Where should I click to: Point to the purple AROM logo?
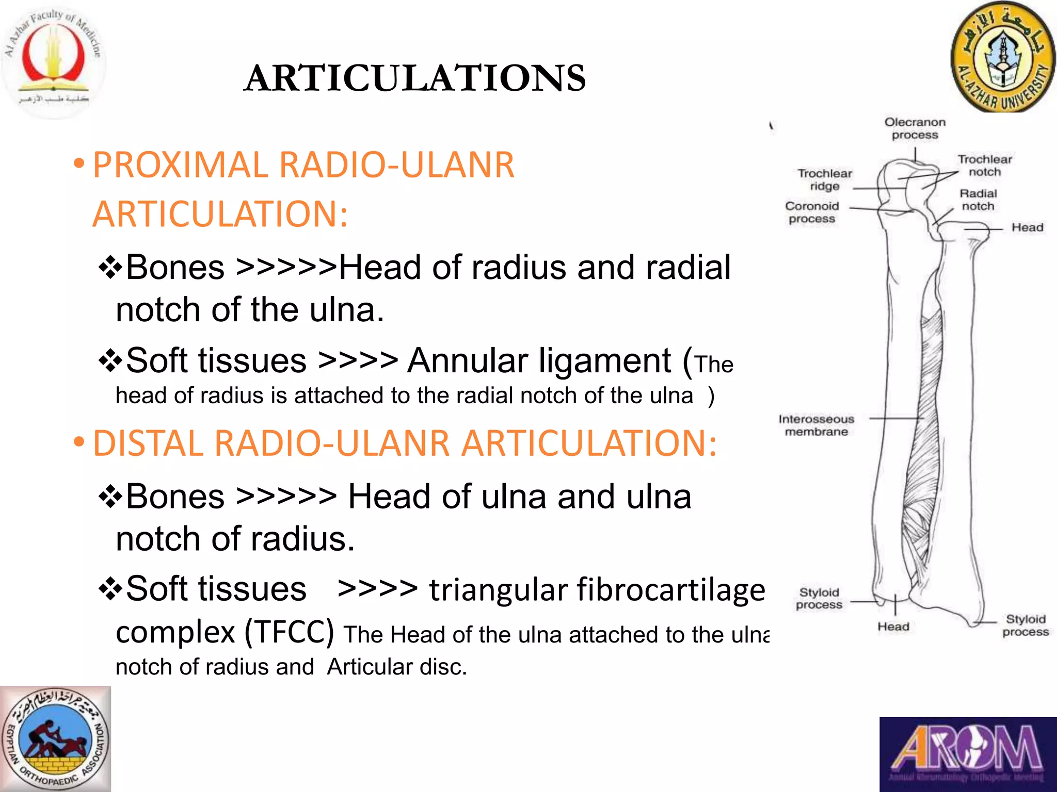(968, 754)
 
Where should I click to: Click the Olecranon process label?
(915, 128)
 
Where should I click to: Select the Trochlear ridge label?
(824, 179)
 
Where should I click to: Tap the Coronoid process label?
(812, 212)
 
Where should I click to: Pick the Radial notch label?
(978, 200)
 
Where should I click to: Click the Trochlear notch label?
(984, 166)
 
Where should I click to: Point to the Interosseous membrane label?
(816, 425)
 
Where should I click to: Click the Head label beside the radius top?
(1027, 227)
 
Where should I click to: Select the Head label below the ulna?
(893, 626)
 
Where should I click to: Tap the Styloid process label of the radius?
(1025, 625)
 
